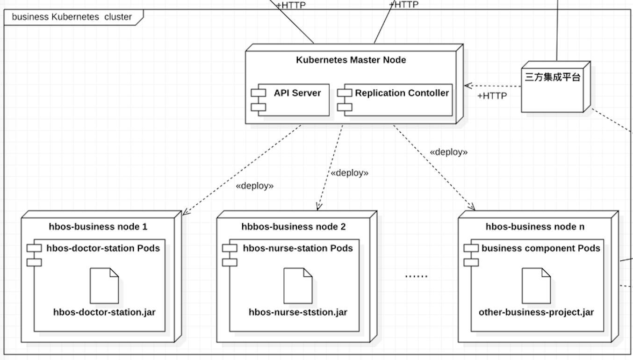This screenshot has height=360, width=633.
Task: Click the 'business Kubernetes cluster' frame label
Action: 72,17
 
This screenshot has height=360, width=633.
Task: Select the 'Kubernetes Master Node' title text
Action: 351,60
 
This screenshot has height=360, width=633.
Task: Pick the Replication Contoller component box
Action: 395,99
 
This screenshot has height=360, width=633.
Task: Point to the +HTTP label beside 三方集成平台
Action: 492,96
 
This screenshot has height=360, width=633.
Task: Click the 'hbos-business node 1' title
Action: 98,227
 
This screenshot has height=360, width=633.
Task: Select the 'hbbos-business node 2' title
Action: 294,227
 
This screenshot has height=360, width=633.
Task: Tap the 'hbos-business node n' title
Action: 535,227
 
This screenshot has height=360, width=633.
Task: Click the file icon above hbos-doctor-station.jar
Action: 104,285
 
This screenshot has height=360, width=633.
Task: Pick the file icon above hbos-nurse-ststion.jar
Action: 298,285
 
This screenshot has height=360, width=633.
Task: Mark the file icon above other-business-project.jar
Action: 536,285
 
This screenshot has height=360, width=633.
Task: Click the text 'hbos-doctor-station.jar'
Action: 104,312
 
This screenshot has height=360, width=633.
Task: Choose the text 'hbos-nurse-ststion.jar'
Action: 298,312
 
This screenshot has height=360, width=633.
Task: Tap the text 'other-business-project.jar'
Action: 536,312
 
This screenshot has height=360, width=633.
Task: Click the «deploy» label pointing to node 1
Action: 255,186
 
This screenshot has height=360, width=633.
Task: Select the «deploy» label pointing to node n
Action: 449,152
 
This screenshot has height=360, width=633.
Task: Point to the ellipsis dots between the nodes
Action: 416,276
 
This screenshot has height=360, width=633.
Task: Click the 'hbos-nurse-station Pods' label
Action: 298,248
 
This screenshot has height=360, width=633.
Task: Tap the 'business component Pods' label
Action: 540,248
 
